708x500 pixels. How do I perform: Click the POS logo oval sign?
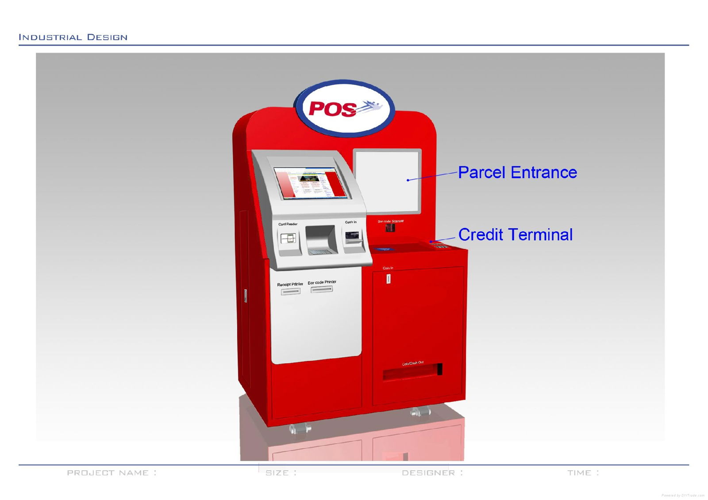click(345, 109)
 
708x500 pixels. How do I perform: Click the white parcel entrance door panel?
click(387, 181)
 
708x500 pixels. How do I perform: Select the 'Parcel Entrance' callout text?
click(517, 172)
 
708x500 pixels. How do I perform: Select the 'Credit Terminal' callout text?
click(516, 235)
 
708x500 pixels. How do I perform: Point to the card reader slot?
click(288, 239)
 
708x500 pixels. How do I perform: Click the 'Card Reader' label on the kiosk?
click(288, 224)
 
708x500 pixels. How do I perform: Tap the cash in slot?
click(352, 237)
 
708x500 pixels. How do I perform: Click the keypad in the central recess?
click(319, 252)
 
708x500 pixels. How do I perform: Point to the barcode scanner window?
click(390, 228)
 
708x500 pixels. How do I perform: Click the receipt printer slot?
click(290, 291)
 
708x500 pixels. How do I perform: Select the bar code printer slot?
click(321, 290)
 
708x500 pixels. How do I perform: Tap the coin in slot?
click(388, 279)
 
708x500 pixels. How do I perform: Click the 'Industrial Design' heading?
click(73, 37)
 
